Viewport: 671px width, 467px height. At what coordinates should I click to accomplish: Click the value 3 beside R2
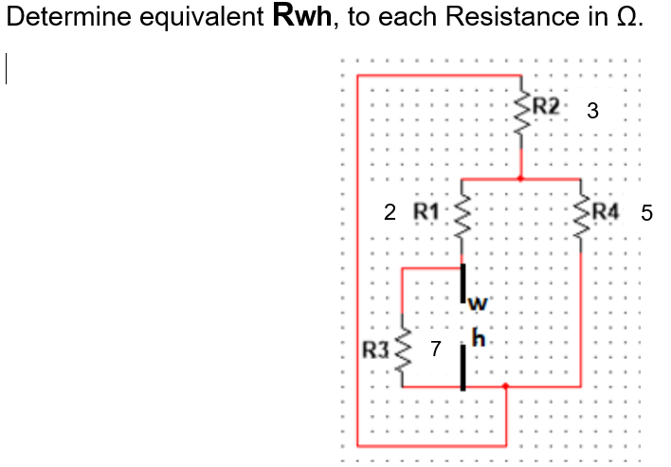(x=592, y=111)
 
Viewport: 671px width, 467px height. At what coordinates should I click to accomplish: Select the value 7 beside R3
(x=435, y=350)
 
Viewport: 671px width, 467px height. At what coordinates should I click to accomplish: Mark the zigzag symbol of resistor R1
(x=463, y=225)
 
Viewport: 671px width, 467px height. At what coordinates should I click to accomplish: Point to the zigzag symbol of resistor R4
(x=581, y=225)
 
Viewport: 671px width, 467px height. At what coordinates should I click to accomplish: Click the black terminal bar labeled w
(x=463, y=282)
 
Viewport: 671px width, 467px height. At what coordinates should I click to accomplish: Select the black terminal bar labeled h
(x=463, y=368)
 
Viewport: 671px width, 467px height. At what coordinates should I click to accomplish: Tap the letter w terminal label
(x=477, y=304)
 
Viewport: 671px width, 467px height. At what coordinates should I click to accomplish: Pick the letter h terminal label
(x=477, y=336)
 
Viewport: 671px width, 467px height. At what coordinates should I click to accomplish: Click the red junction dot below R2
(x=520, y=178)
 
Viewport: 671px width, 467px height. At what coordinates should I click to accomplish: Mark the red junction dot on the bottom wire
(x=505, y=386)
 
